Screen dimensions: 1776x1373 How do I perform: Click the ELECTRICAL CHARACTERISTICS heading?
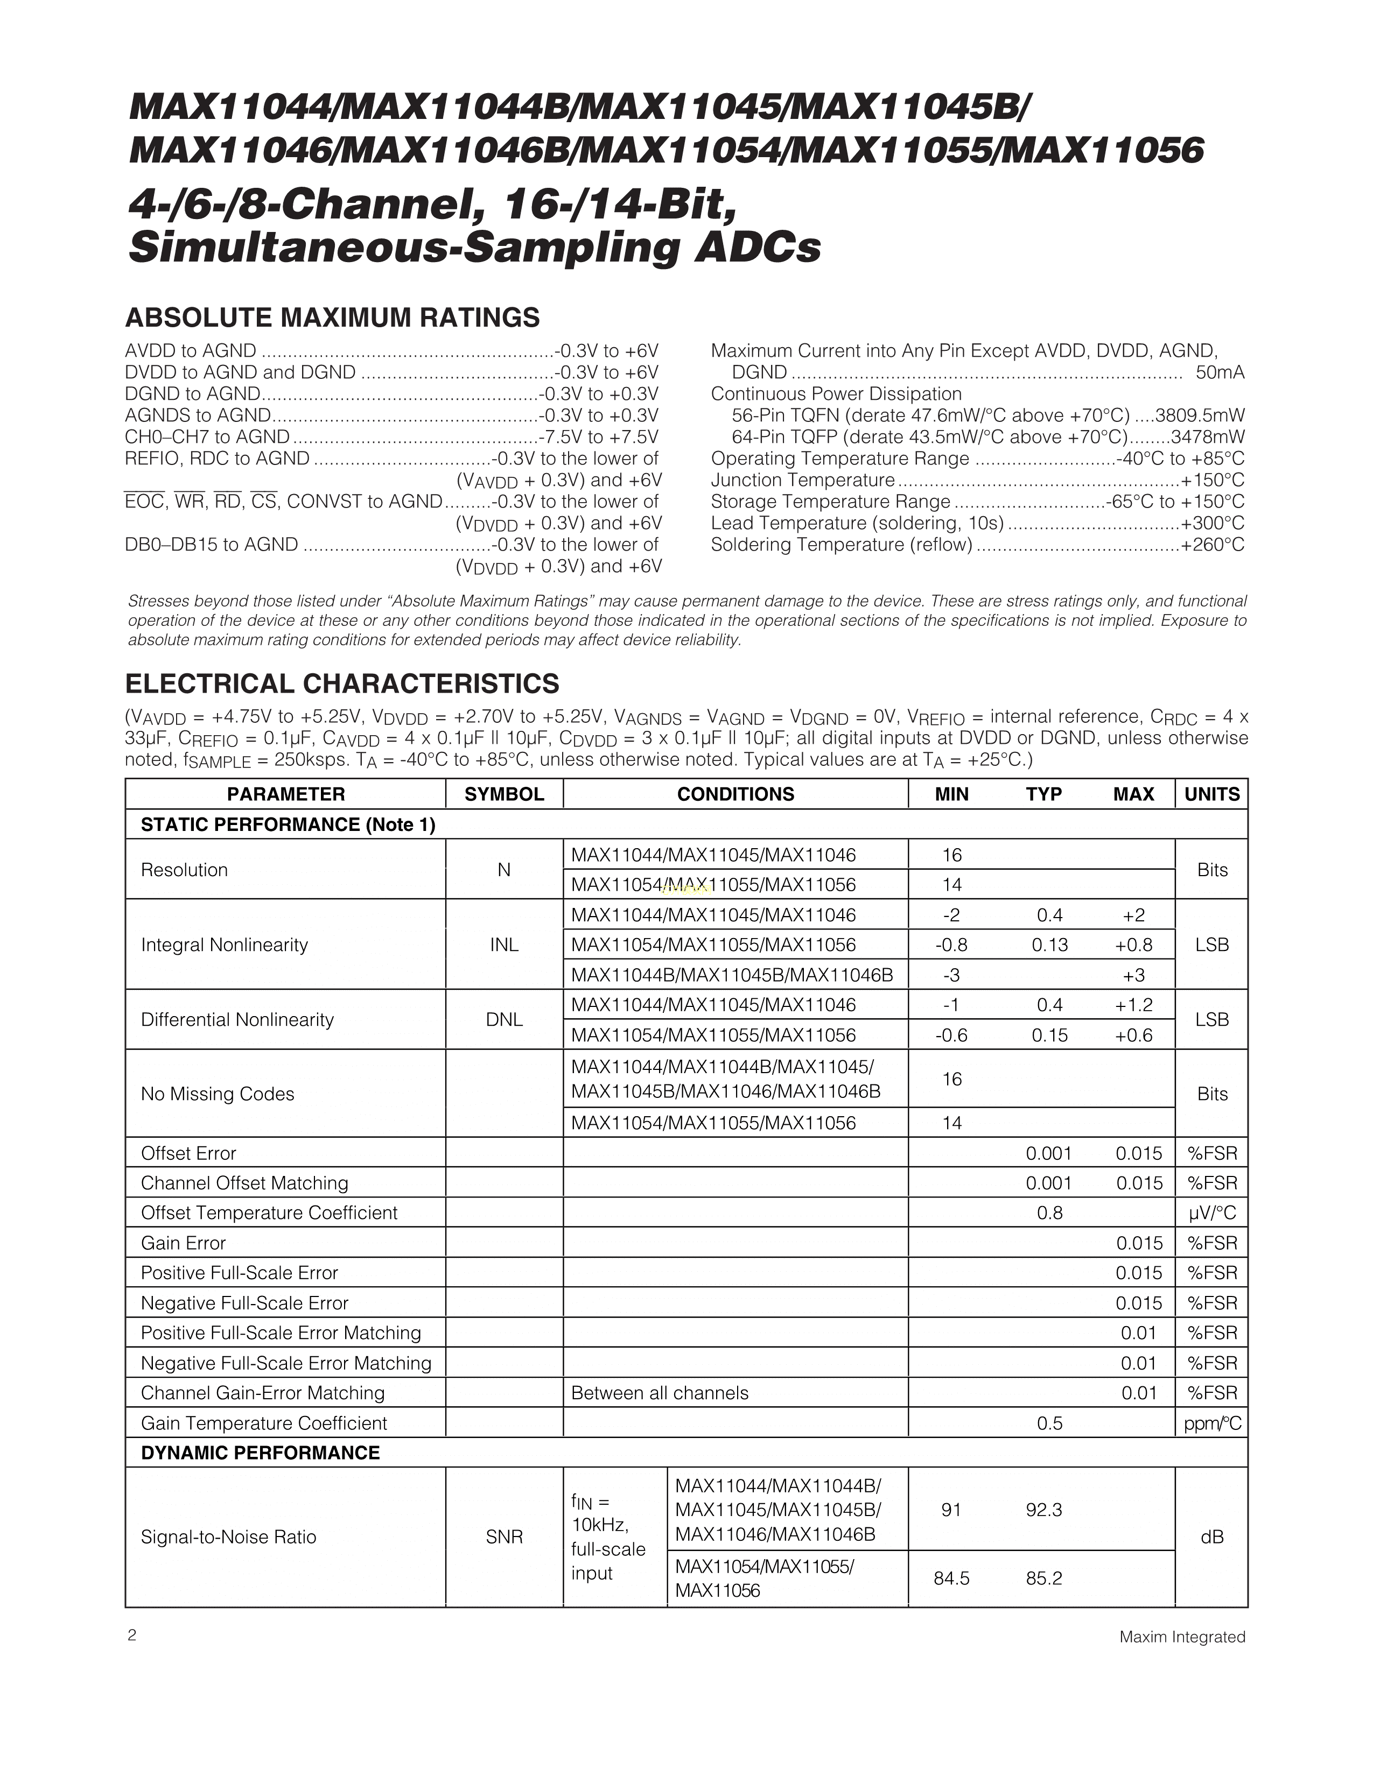(341, 684)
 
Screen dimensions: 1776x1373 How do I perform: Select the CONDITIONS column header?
(735, 794)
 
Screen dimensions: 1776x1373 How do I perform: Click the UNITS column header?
(1211, 794)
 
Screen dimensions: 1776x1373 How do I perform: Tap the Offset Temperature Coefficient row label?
(269, 1213)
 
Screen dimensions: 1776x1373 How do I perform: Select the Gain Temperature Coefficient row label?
(263, 1423)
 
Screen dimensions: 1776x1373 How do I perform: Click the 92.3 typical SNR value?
(1043, 1510)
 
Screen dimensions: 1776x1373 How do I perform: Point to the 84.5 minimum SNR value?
(951, 1578)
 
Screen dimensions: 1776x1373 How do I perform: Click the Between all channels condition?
(660, 1393)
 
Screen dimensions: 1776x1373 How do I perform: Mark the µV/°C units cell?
(1211, 1213)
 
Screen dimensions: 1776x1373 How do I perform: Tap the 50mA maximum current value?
(1220, 372)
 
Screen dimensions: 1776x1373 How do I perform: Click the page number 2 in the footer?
(132, 1636)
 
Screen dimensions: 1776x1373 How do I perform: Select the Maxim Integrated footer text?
(1182, 1637)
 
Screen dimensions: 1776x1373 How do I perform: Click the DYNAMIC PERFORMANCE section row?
(260, 1453)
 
